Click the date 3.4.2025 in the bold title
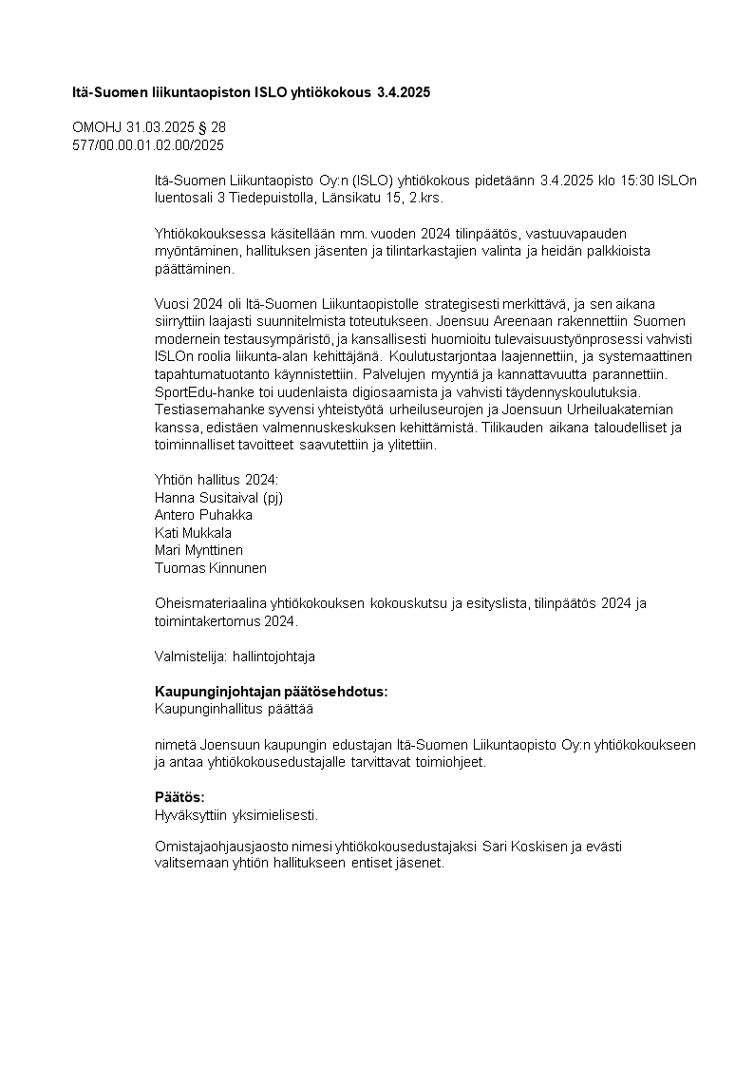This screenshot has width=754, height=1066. point(404,92)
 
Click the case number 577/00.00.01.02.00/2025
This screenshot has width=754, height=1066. point(148,144)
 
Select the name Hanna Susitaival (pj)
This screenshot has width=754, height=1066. point(218,496)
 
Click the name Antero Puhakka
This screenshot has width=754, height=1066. point(203,514)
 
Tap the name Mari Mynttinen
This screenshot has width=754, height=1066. point(198,550)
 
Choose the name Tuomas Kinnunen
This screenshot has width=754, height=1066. point(210,568)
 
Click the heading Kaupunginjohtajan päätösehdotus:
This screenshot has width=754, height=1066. point(271,692)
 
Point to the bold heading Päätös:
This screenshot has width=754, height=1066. point(179,797)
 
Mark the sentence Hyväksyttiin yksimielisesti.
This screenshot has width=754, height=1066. point(236,814)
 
